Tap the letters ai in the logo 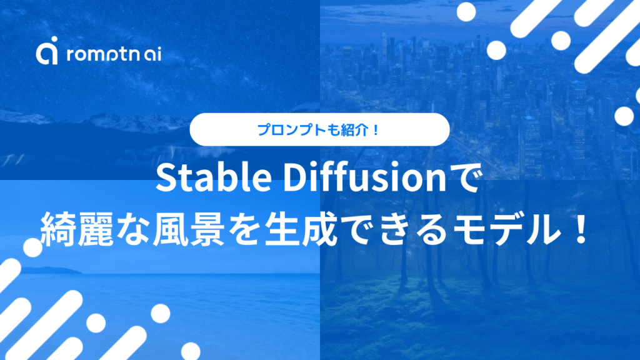tap(151, 55)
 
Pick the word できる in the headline tap(413, 231)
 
